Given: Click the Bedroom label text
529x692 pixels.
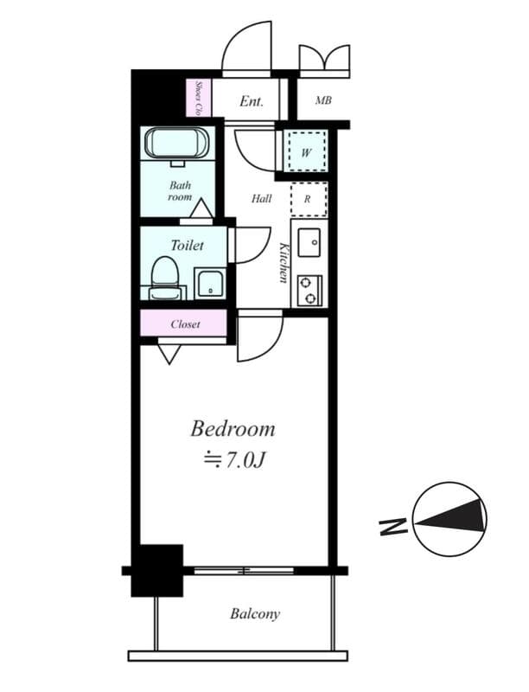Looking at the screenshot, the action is pyautogui.click(x=233, y=429).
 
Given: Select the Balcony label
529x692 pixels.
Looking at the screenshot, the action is pyautogui.click(x=255, y=614).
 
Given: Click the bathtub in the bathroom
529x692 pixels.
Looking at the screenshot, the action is pyautogui.click(x=177, y=143).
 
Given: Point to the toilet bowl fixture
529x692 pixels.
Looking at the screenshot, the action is pyautogui.click(x=165, y=277).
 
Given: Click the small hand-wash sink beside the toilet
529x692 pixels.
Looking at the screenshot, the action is pyautogui.click(x=210, y=283).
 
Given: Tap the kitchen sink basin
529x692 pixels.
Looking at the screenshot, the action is pyautogui.click(x=309, y=242).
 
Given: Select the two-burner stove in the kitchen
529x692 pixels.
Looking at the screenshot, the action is pyautogui.click(x=309, y=291).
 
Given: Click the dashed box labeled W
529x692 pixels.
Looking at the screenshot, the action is pyautogui.click(x=307, y=152).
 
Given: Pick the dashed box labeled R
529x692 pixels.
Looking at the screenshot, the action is pyautogui.click(x=309, y=199).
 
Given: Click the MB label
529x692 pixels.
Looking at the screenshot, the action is pyautogui.click(x=323, y=100).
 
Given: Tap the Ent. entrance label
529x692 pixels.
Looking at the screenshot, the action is pyautogui.click(x=252, y=101).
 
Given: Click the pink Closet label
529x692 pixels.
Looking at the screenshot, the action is pyautogui.click(x=185, y=324).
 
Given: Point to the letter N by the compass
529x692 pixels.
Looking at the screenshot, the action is pyautogui.click(x=392, y=527).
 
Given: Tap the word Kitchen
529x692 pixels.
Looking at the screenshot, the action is pyautogui.click(x=284, y=263).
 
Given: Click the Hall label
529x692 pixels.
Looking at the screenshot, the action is pyautogui.click(x=261, y=199).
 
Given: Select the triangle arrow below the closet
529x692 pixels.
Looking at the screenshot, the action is pyautogui.click(x=169, y=354).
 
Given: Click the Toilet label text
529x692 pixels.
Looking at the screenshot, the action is pyautogui.click(x=187, y=246).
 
